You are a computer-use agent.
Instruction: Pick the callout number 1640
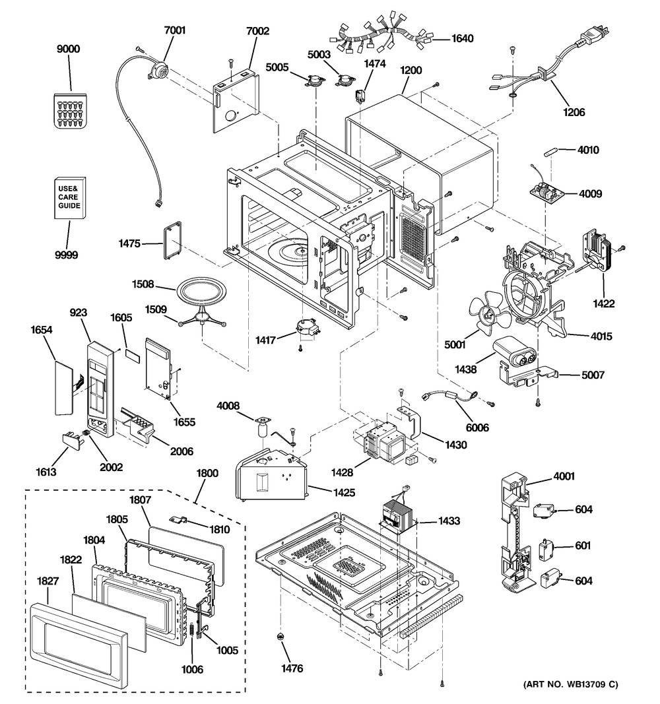click(x=462, y=38)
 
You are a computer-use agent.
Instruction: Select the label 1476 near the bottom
click(x=292, y=668)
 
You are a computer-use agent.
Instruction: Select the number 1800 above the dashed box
click(x=207, y=473)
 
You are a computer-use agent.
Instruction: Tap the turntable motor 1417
click(x=306, y=327)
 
